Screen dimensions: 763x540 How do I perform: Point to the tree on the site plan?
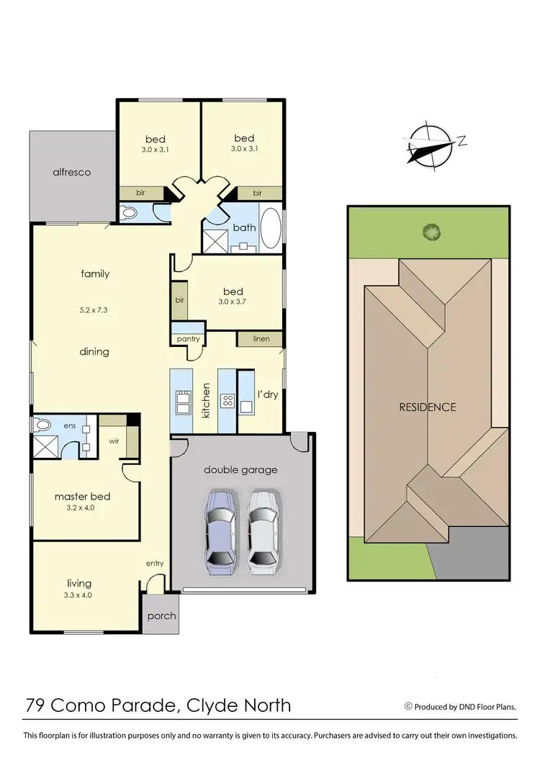coord(431,232)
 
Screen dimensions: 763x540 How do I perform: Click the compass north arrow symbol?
coord(431,146)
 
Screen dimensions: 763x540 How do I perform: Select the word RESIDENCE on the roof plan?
coord(428,407)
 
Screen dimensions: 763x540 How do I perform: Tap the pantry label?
coord(188,338)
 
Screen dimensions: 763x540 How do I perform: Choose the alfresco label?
coord(72,172)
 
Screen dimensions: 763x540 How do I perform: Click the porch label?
coord(161,616)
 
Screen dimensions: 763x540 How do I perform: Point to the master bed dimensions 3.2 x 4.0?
coord(81,507)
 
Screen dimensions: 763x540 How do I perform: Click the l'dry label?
coord(267,394)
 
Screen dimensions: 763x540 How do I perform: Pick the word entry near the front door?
coord(155,563)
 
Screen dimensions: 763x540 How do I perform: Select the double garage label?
coord(240,469)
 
